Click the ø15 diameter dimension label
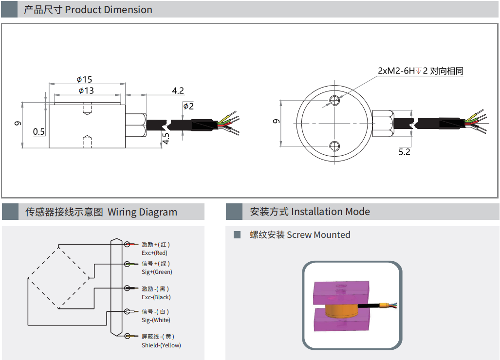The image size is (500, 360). click(84, 79)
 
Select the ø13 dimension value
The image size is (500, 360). click(86, 90)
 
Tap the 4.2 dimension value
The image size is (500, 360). click(178, 90)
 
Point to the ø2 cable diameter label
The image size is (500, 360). click(188, 107)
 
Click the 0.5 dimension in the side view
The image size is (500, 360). click(39, 132)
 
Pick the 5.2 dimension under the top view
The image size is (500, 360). click(404, 152)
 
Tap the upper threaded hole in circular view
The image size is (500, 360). click(334, 101)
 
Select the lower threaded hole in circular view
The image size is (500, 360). click(334, 145)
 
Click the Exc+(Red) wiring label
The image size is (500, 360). click(154, 253)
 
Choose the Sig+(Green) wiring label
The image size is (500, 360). click(157, 272)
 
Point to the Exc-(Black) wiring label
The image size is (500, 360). click(156, 297)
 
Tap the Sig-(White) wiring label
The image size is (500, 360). click(156, 320)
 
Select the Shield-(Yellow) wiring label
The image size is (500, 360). click(161, 345)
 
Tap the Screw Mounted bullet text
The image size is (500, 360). click(300, 235)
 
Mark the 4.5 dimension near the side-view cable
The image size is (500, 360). click(166, 138)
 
